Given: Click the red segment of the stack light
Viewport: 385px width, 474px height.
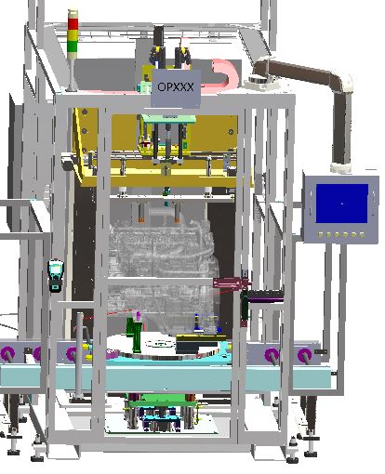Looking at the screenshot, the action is click(73, 24).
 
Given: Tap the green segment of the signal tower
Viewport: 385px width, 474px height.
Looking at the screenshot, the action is click(73, 46).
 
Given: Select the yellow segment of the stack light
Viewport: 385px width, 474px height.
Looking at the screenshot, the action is click(73, 34).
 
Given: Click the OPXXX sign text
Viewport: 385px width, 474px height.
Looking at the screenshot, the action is click(176, 86).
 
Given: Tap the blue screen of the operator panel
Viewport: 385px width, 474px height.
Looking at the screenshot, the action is click(341, 204).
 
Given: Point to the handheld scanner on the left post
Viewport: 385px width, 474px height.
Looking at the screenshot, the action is click(56, 276).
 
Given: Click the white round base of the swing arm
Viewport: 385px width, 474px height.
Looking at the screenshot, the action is click(259, 82).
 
